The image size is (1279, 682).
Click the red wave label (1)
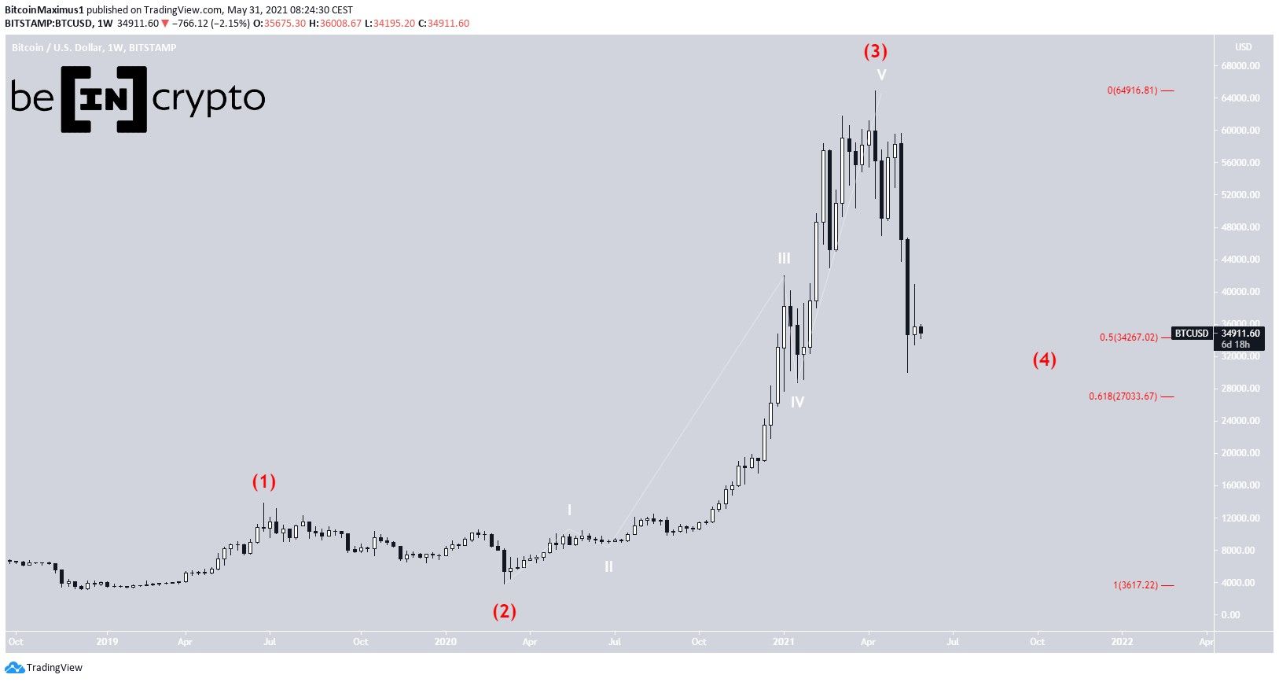[x=264, y=481]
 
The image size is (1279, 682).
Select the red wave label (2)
[x=505, y=611]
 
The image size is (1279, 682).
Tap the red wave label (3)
[x=876, y=52]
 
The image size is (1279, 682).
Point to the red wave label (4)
[x=1044, y=360]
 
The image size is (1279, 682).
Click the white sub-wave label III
[x=785, y=258]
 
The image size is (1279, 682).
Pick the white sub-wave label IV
[x=797, y=403]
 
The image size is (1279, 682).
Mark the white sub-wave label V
[x=882, y=76]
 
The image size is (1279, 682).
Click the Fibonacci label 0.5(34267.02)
[x=1128, y=337]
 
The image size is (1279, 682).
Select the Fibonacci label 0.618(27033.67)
[x=1123, y=396]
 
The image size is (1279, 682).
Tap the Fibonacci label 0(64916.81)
[x=1132, y=90]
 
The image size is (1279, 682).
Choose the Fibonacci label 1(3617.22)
[x=1135, y=585]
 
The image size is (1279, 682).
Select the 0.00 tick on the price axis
[x=1246, y=615]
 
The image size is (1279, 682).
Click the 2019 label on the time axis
[x=107, y=642]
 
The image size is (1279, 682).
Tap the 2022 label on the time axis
[x=1122, y=642]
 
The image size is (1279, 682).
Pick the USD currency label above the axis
[x=1243, y=47]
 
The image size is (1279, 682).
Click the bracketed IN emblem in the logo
[x=104, y=98]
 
